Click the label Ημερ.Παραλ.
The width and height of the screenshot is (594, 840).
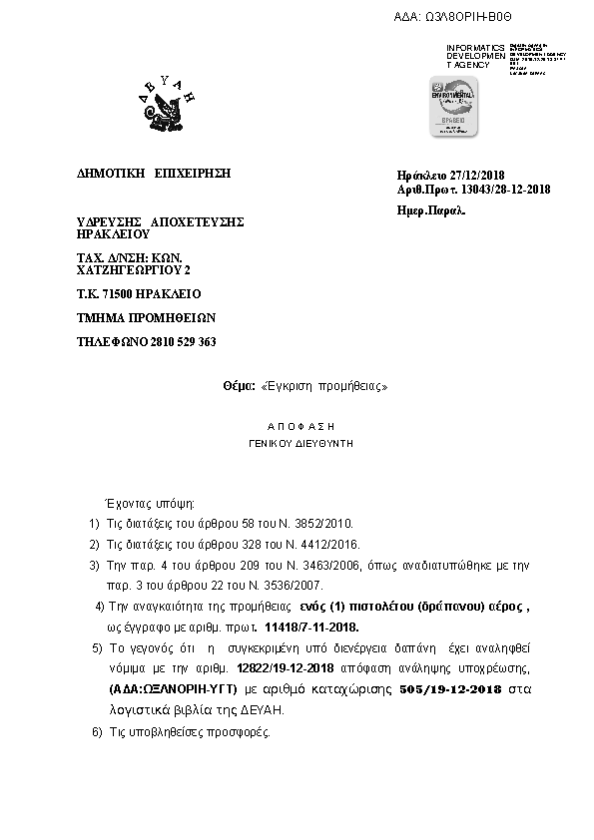click(432, 210)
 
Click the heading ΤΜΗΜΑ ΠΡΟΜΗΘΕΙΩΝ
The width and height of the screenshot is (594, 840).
click(146, 318)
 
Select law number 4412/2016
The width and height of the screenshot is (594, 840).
click(329, 545)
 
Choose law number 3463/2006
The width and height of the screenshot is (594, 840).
click(325, 566)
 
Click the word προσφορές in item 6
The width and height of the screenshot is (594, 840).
click(238, 731)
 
